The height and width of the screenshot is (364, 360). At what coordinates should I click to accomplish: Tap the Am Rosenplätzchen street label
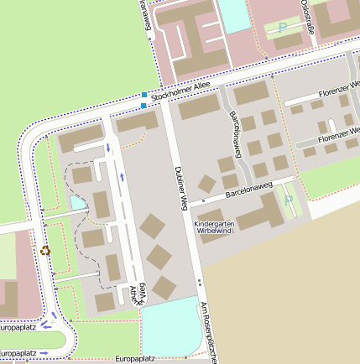tap(208, 332)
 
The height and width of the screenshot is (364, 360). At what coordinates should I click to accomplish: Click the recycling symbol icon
tap(44, 249)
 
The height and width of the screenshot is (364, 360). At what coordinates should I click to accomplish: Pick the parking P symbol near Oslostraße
tap(283, 27)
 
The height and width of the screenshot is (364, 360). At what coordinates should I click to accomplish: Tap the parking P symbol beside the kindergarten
tap(289, 200)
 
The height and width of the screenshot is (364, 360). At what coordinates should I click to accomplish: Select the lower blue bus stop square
tap(144, 106)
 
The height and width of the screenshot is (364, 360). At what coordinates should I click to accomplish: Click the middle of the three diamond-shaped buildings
tap(159, 257)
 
